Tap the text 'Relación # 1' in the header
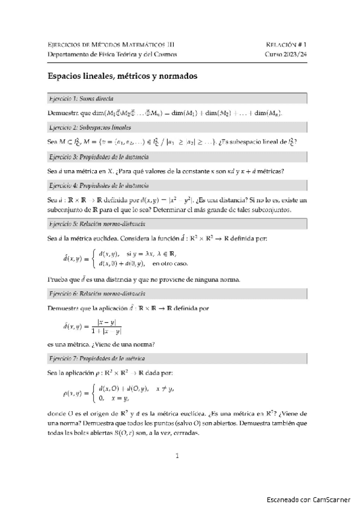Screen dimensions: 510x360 click(286, 45)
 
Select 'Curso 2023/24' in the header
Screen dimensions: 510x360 click(286, 54)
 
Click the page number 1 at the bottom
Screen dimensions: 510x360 click(177, 456)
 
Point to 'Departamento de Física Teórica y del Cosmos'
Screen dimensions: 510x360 click(112, 54)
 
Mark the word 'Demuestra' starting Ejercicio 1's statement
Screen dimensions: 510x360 click(61, 113)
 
